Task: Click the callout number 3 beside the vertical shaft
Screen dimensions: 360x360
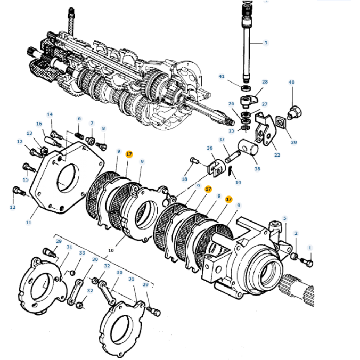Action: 266,42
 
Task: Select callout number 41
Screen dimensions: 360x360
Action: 222,76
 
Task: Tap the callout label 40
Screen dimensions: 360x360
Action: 291,83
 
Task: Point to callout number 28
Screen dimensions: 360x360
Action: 265,82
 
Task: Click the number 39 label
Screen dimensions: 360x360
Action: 293,142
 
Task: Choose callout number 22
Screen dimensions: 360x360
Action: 277,154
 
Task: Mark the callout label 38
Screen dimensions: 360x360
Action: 258,169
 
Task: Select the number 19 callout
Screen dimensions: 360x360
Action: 238,182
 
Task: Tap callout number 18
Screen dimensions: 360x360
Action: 184,179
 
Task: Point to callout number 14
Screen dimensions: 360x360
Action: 50,114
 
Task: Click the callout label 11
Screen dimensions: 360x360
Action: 28,223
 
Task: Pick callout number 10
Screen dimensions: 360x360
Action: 111,250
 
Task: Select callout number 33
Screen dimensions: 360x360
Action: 82,252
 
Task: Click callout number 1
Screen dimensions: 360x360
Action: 310,248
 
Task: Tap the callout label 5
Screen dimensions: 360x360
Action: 284,218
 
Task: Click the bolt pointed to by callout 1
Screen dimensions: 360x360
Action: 307,263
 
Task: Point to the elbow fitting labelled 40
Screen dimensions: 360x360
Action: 293,112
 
